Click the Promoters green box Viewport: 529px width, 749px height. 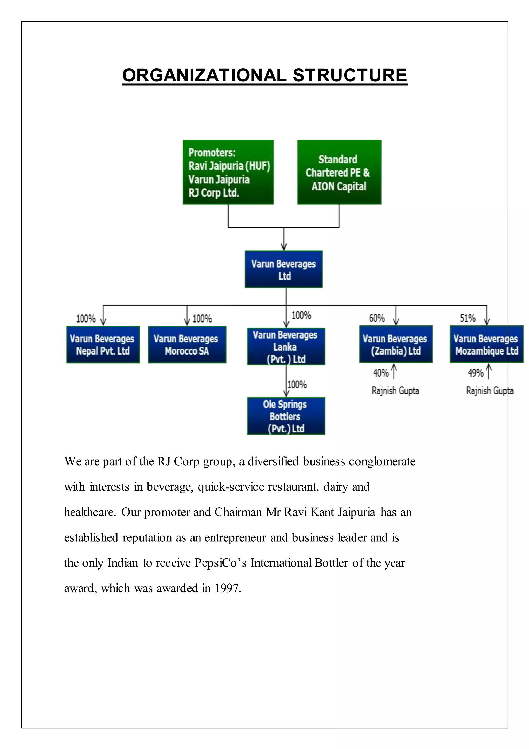pos(228,172)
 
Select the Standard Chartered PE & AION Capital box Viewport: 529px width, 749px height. pos(339,172)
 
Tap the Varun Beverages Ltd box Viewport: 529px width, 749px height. pos(284,269)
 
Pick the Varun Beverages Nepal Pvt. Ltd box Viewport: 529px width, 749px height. pos(103,344)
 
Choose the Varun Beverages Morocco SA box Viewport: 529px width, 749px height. pos(187,344)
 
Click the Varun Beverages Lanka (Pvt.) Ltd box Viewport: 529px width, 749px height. pos(286,347)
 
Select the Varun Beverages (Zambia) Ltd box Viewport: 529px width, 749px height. pos(396,344)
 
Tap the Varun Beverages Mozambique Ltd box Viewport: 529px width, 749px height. pos(487,344)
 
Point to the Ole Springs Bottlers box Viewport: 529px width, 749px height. pos(286,416)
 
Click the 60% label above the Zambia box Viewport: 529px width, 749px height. pos(377,318)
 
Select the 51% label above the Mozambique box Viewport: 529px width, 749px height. pos(468,318)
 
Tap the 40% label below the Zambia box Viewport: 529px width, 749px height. pos(381,372)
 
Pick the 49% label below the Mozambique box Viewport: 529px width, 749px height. pos(476,372)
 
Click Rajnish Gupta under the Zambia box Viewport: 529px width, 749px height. pos(395,391)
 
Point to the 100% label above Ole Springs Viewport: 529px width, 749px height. pos(297,385)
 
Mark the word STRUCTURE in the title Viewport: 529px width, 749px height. pos(350,75)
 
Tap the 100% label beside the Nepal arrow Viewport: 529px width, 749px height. pos(86,319)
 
